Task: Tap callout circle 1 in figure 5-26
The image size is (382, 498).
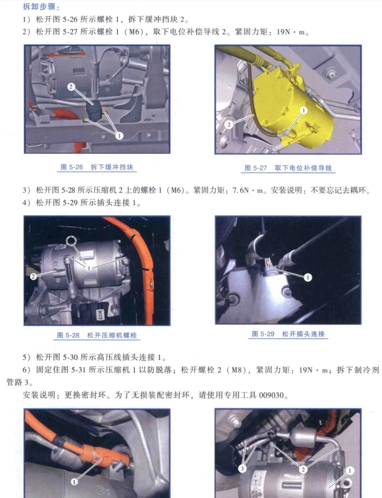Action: click(x=119, y=136)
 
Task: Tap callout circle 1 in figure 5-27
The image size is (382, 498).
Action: click(x=303, y=110)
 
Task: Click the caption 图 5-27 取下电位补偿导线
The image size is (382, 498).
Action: click(x=288, y=168)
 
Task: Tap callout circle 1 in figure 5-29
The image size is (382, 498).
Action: click(x=307, y=278)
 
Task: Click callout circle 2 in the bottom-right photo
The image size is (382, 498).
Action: click(x=302, y=469)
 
